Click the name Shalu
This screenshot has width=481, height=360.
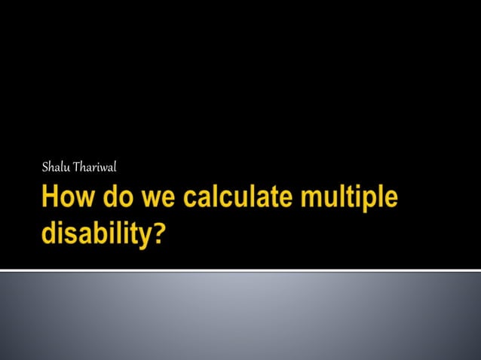coord(56,166)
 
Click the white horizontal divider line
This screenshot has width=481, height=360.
coord(240,270)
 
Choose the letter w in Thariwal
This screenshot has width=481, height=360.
coord(103,167)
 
